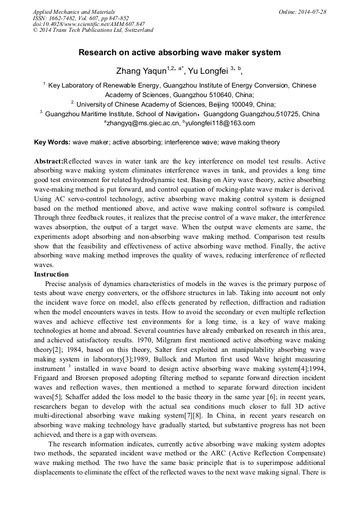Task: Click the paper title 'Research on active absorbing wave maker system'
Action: (179, 53)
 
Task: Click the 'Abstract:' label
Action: (48, 161)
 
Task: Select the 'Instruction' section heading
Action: (52, 274)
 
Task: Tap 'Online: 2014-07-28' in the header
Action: (303, 12)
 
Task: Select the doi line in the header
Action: (89, 24)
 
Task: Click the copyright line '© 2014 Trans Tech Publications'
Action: (93, 30)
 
